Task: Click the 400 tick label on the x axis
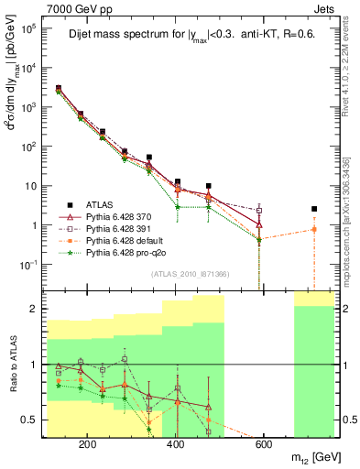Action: click(x=175, y=444)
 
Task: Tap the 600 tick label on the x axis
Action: click(x=263, y=444)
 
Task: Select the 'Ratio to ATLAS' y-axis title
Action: click(x=12, y=364)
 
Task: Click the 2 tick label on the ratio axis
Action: click(x=37, y=309)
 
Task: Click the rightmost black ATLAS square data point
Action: click(x=314, y=209)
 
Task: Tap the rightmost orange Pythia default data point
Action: click(x=314, y=229)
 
